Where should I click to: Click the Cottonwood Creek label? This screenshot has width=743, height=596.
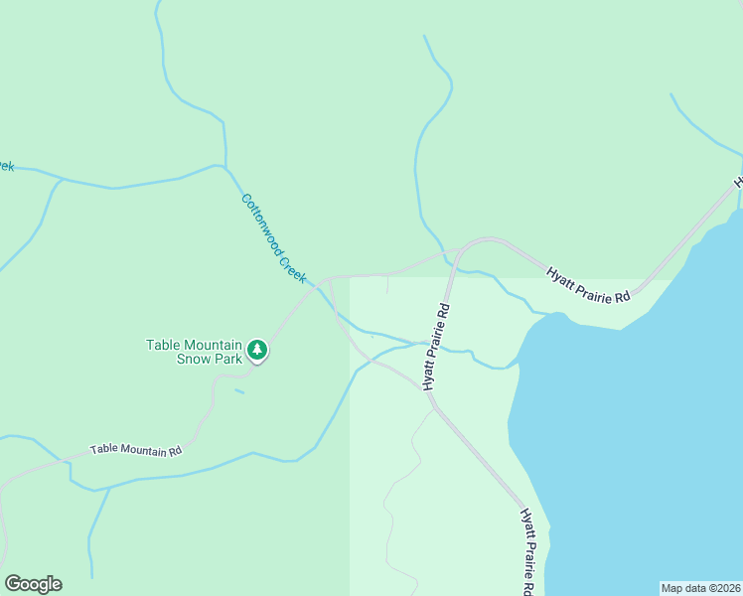click(273, 238)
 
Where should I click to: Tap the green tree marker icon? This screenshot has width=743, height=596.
click(258, 350)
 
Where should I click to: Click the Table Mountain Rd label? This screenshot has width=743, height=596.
click(136, 450)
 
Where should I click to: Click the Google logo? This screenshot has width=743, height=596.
click(33, 584)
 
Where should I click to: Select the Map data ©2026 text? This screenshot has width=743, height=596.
click(700, 588)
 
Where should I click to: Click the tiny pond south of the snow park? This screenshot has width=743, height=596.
click(239, 391)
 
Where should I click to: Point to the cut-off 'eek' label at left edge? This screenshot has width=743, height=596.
click(6, 166)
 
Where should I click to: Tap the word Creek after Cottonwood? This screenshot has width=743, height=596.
click(292, 267)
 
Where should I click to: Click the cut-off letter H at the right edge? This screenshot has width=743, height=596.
click(738, 183)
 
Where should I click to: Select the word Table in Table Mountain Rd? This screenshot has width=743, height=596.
click(102, 450)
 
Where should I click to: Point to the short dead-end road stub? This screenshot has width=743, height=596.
click(387, 285)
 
